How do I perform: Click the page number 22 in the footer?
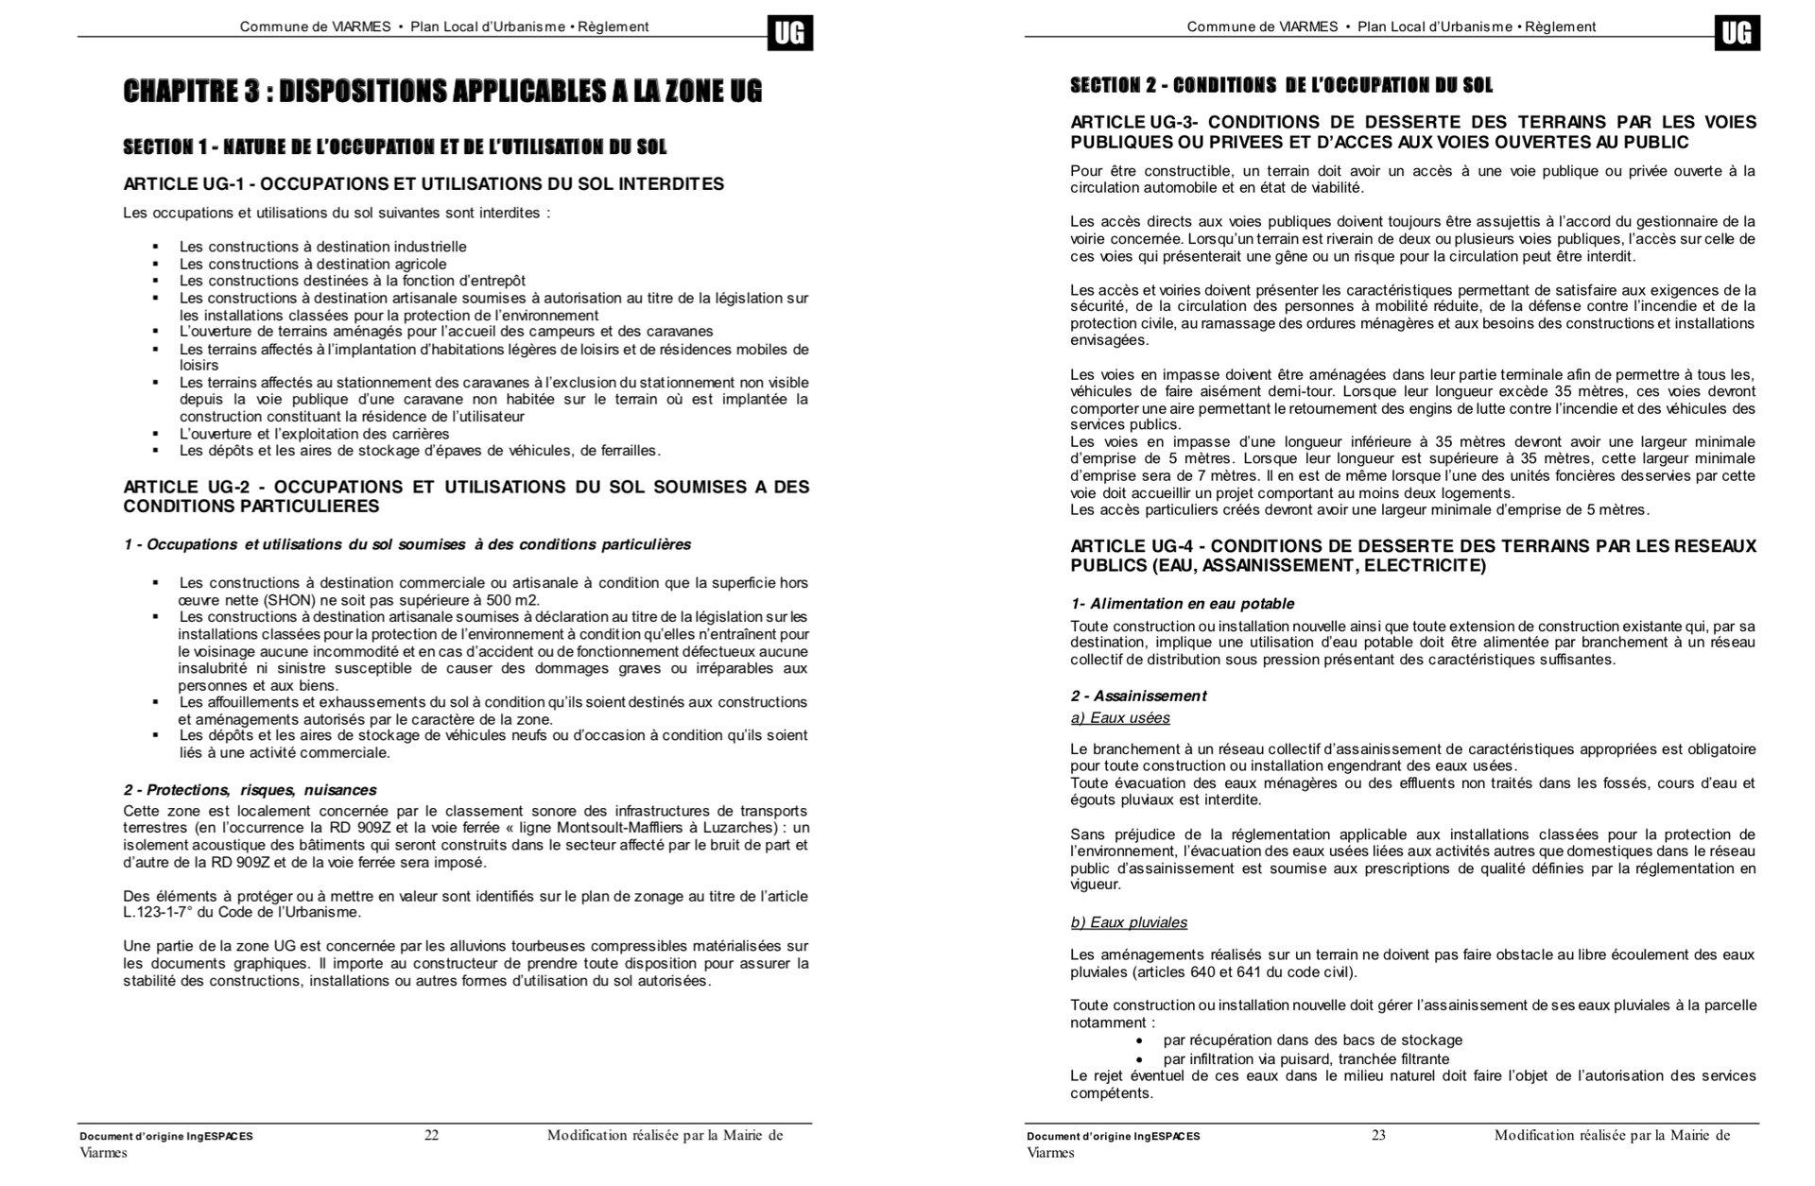[431, 1135]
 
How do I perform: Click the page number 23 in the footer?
[1378, 1135]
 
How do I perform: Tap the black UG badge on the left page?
[789, 34]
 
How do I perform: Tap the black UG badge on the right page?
[1737, 34]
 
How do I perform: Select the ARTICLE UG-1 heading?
[423, 183]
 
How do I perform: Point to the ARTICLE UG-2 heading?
[466, 496]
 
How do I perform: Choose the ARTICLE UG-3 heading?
[1412, 132]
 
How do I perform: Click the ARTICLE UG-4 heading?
[1412, 556]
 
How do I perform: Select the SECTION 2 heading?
[1281, 86]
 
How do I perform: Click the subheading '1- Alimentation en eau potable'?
[1182, 604]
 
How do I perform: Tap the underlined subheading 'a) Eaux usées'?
[1120, 718]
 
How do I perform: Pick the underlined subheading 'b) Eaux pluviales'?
[1129, 922]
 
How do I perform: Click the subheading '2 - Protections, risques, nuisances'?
[250, 790]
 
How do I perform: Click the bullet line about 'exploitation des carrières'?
[301, 434]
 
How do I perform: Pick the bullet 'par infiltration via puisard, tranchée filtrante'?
[1305, 1059]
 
